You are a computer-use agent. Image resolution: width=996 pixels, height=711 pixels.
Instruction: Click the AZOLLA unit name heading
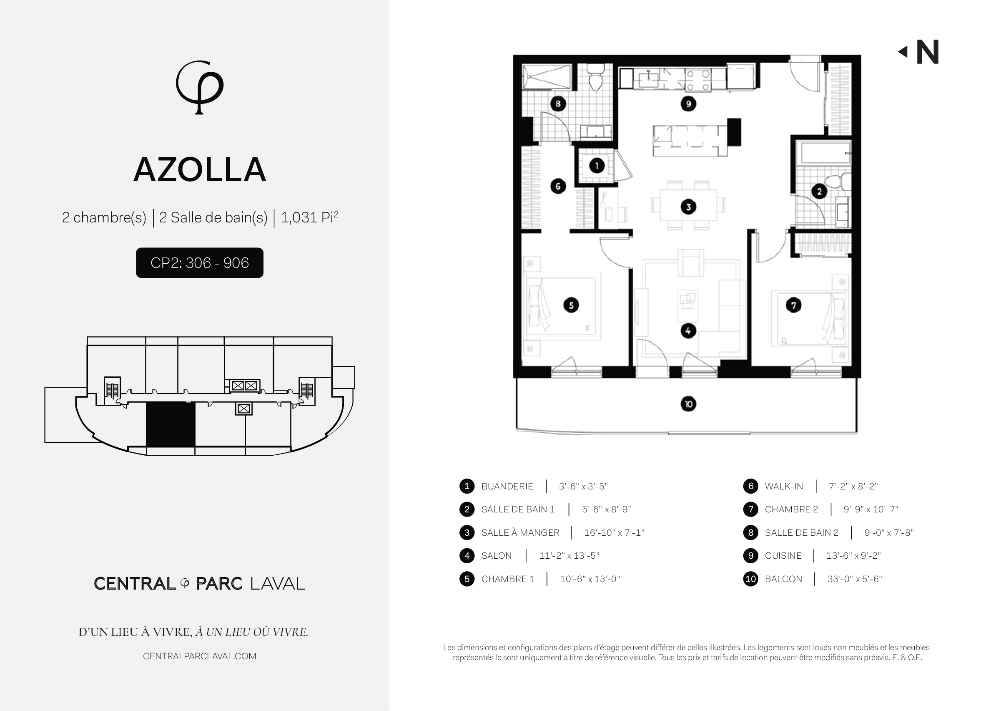[200, 170]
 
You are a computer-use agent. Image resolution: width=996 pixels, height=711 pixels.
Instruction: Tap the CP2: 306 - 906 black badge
[199, 263]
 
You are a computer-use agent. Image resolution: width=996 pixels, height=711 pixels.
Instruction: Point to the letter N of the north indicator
[927, 52]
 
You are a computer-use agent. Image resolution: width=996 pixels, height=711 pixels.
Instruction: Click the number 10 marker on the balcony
[688, 403]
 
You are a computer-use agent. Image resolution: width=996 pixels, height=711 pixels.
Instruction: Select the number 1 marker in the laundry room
[597, 166]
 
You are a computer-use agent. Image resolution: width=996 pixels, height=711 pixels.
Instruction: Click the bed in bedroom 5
[562, 305]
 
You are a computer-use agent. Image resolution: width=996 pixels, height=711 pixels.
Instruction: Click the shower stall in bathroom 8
[547, 77]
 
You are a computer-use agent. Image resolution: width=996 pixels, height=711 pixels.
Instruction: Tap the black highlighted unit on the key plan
[170, 424]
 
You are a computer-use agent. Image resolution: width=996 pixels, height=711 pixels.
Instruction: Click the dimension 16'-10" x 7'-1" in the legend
[614, 532]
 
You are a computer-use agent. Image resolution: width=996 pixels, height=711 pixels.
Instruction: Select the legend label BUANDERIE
[507, 486]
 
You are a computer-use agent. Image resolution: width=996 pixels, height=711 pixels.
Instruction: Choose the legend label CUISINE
[783, 556]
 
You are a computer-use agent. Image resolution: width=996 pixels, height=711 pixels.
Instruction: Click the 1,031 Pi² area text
[309, 217]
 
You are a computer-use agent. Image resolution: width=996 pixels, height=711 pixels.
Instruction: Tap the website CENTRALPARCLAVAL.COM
[199, 656]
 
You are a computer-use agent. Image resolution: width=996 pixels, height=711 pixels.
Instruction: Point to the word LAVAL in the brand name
[277, 584]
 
